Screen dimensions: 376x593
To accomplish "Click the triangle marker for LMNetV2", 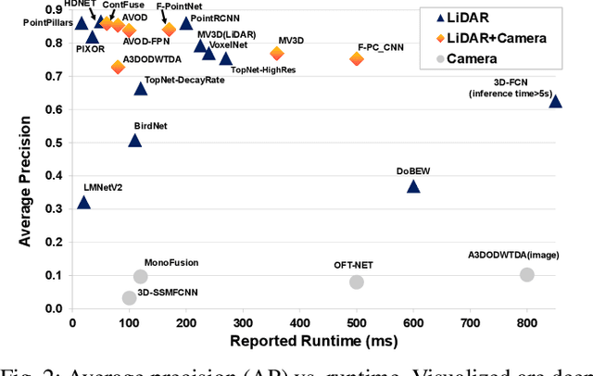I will pos(83,203).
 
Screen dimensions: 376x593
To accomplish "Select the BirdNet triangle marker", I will pos(134,141).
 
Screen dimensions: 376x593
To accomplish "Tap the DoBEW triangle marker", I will pos(413,187).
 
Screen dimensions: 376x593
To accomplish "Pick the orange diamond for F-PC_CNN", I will pos(357,59).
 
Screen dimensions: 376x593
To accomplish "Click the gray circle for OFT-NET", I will pos(357,282).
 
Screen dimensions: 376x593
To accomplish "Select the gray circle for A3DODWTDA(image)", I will pos(527,275).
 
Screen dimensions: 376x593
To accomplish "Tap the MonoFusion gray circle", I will pos(141,276).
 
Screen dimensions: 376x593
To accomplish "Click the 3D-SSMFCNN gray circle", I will pos(129,297).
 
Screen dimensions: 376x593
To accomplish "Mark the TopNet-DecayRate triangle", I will pos(141,89).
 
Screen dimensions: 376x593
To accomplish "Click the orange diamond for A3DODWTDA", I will pos(118,67).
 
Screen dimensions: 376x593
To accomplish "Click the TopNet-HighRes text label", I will pos(263,70).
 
